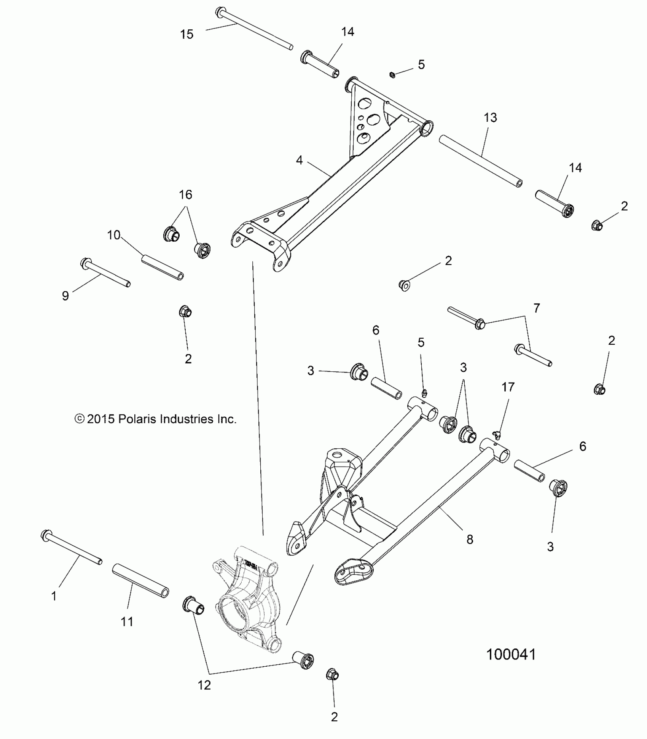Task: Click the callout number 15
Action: [x=186, y=34]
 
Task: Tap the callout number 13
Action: [x=490, y=118]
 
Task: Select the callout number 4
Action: [x=300, y=160]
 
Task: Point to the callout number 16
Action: [x=185, y=195]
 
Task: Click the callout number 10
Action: [x=114, y=235]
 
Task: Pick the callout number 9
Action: [x=65, y=296]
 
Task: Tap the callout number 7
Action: [x=537, y=308]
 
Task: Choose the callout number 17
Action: [x=508, y=387]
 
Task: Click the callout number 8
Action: [x=470, y=539]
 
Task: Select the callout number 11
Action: [x=127, y=622]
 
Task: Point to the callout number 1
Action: [x=54, y=596]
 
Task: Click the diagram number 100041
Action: [x=511, y=655]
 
